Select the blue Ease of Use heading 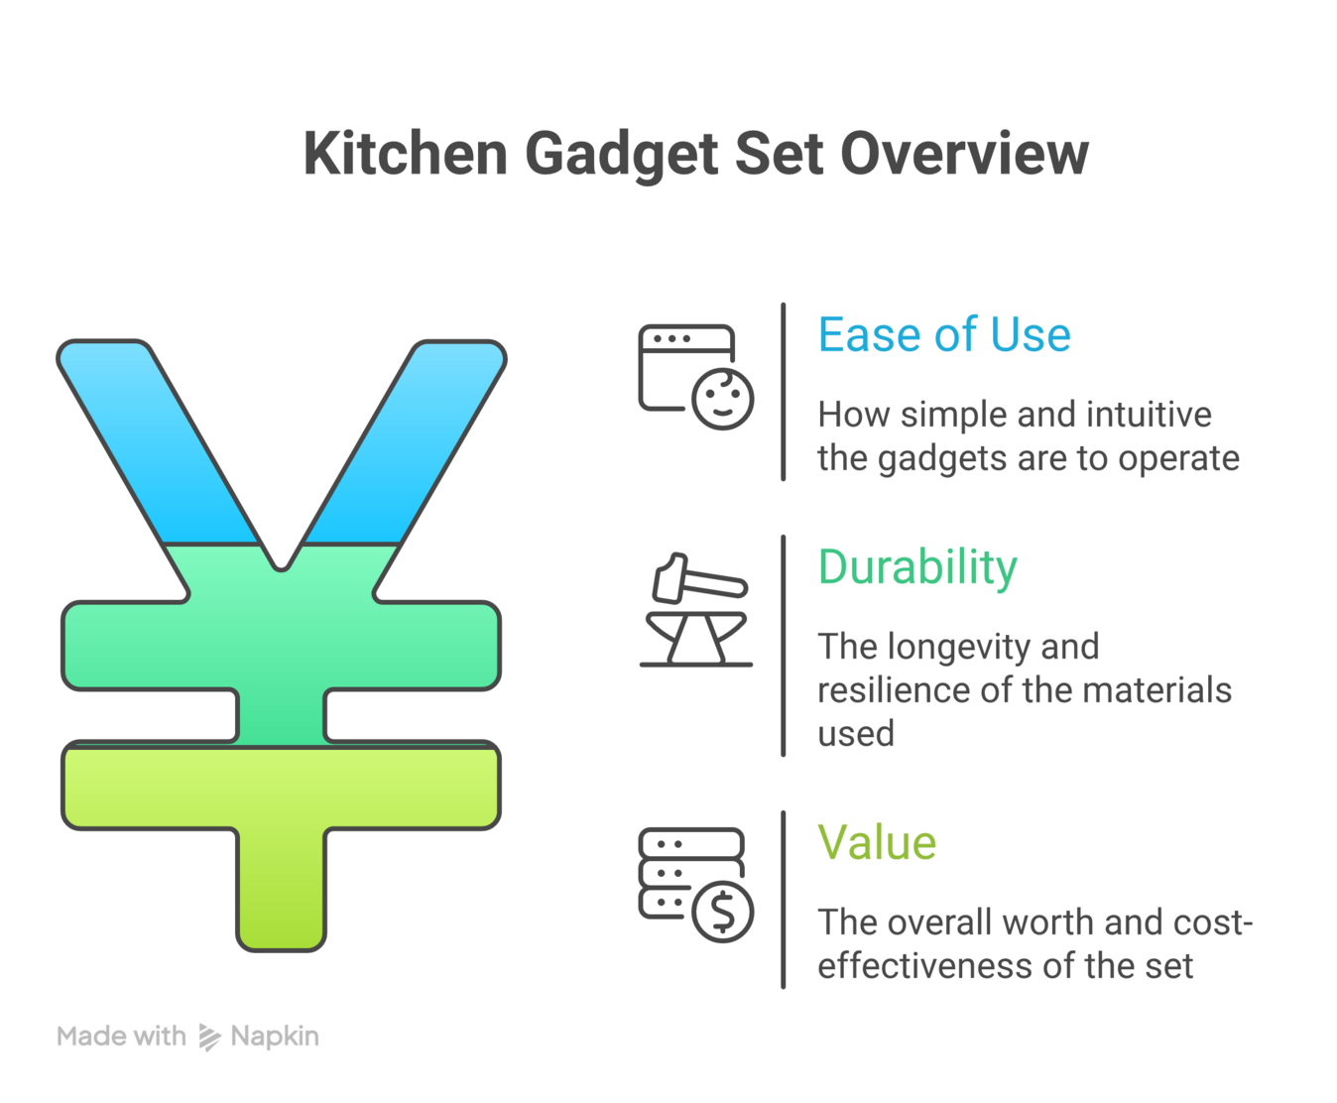(x=943, y=334)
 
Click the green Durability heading (x=917, y=567)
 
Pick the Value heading (x=877, y=843)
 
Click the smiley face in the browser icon (x=722, y=399)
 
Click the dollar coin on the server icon (x=722, y=912)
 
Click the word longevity (x=959, y=647)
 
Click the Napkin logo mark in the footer (x=209, y=1037)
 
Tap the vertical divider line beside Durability (x=784, y=645)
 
